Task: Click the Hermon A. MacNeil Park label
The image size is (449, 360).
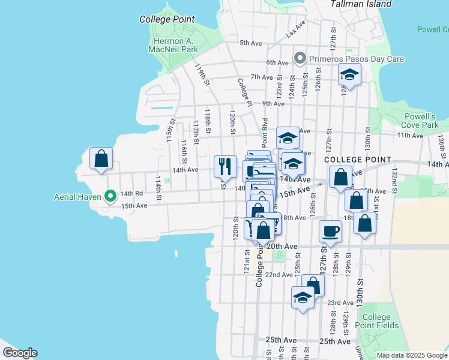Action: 174,44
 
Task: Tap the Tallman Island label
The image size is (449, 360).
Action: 361,4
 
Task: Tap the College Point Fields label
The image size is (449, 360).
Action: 380,321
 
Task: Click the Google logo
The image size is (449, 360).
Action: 20,353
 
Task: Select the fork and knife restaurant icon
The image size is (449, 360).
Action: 226,166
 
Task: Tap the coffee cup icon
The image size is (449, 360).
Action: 330,231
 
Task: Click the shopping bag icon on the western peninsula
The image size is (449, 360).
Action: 101,158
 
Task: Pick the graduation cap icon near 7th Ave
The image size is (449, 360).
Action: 349,76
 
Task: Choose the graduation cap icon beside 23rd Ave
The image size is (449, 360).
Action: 303,297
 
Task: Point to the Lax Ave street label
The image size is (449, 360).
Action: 296,28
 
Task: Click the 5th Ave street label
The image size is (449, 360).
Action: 251,43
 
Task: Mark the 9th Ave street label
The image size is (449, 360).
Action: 273,103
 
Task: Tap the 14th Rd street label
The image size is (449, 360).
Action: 131,193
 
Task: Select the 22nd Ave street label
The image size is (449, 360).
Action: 279,274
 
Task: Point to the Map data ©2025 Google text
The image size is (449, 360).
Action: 412,355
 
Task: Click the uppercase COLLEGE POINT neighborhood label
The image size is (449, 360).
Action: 357,160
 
